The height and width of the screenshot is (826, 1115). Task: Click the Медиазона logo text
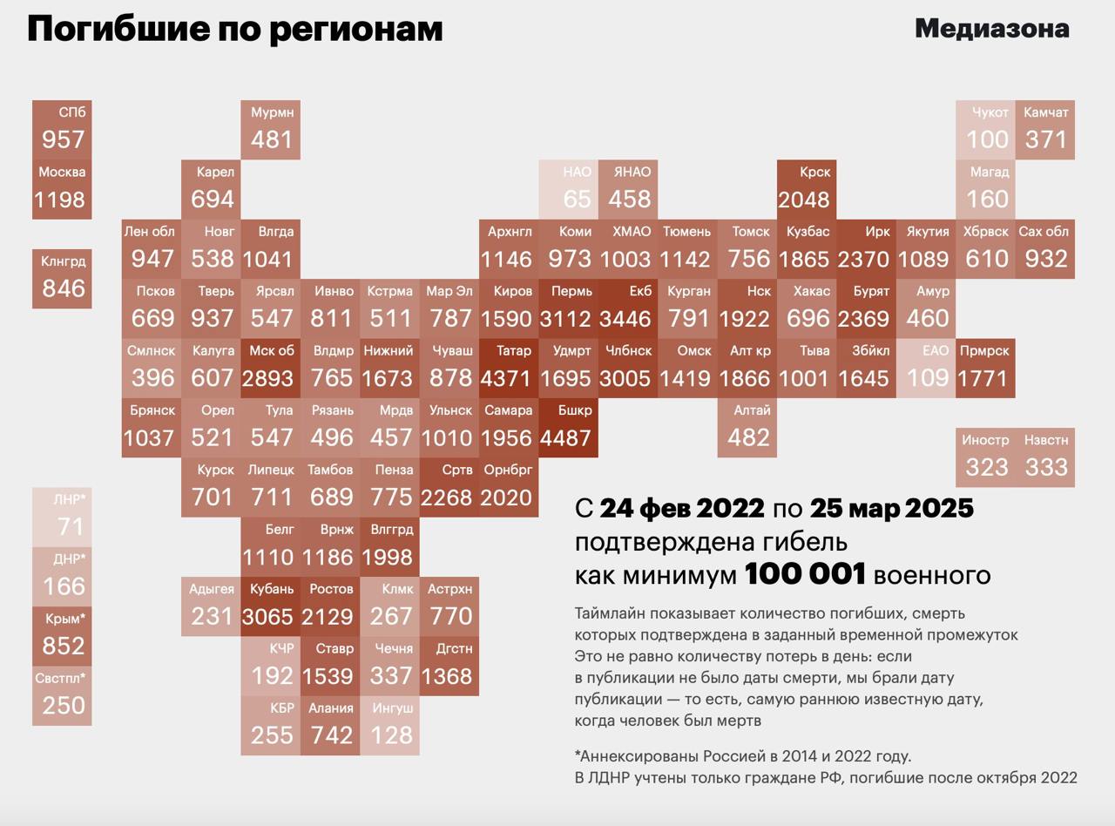tap(991, 29)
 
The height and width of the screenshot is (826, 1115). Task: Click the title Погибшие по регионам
tap(235, 29)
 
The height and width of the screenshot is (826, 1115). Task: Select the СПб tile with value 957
tap(62, 129)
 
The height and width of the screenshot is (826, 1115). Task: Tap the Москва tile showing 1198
tap(62, 189)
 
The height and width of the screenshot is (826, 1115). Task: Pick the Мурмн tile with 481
tap(271, 129)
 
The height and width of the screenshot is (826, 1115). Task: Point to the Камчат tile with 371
tap(1045, 129)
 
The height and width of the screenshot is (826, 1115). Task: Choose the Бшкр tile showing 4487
tap(568, 428)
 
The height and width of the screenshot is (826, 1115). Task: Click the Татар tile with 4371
tap(508, 368)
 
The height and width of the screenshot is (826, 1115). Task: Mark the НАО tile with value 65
tap(568, 189)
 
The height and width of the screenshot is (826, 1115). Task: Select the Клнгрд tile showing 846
tap(62, 278)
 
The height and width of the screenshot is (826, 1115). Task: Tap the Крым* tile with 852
tap(62, 636)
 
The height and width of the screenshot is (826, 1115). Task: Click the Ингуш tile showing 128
tap(390, 726)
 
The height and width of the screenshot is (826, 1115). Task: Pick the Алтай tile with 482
tap(747, 428)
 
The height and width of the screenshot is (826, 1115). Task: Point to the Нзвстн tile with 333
tap(1045, 457)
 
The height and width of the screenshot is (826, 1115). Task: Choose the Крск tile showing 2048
tap(807, 189)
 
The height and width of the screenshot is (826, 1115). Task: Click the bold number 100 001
tap(805, 575)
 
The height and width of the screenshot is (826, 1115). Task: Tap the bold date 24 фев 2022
tap(682, 508)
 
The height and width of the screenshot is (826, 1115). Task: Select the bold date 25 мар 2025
tap(891, 508)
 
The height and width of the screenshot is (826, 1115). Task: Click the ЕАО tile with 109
tap(926, 368)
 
